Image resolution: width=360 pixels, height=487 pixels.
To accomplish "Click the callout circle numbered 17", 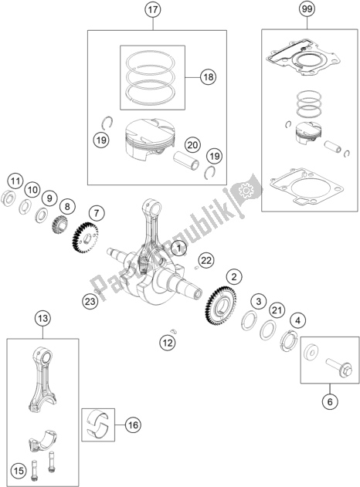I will coord(152,12).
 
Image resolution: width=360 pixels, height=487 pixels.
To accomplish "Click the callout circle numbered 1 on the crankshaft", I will coord(179,248).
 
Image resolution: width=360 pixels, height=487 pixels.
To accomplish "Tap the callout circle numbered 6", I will coord(331,401).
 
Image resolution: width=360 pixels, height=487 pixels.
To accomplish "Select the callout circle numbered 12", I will coord(168,342).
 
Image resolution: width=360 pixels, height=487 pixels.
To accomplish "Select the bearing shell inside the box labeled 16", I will coord(100,422).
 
